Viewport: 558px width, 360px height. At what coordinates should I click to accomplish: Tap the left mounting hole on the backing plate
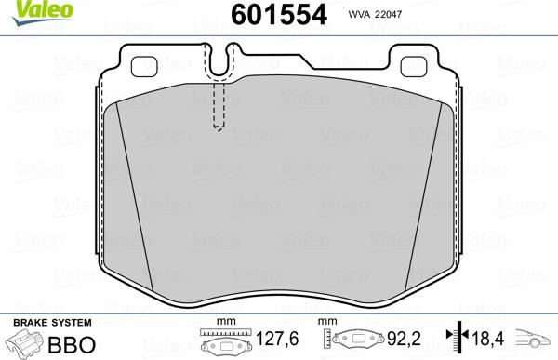[x=146, y=66]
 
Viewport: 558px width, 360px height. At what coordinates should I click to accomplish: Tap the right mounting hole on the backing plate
[x=414, y=66]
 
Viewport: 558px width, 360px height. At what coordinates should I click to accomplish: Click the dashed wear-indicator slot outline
[x=220, y=104]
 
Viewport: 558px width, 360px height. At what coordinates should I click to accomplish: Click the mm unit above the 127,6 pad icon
[x=222, y=322]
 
